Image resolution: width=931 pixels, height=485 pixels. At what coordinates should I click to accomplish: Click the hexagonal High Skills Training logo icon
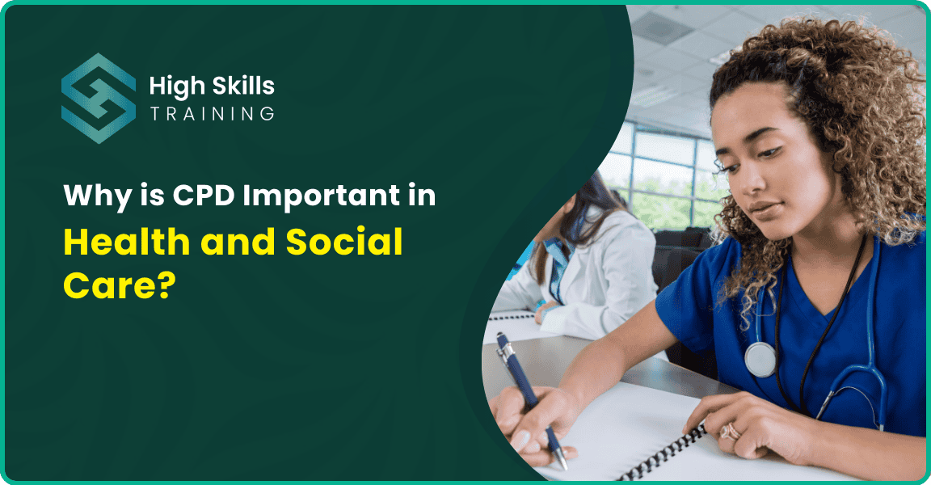tap(99, 99)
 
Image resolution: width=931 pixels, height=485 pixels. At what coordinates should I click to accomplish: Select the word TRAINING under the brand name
tap(212, 114)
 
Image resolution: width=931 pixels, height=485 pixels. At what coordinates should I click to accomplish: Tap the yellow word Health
tap(130, 243)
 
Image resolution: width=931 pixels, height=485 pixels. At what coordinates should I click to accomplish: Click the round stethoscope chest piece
tap(760, 359)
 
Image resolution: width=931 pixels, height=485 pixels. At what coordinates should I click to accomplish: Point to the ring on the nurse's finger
tap(731, 431)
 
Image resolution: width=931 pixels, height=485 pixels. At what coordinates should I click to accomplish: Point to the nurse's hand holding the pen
tap(525, 420)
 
